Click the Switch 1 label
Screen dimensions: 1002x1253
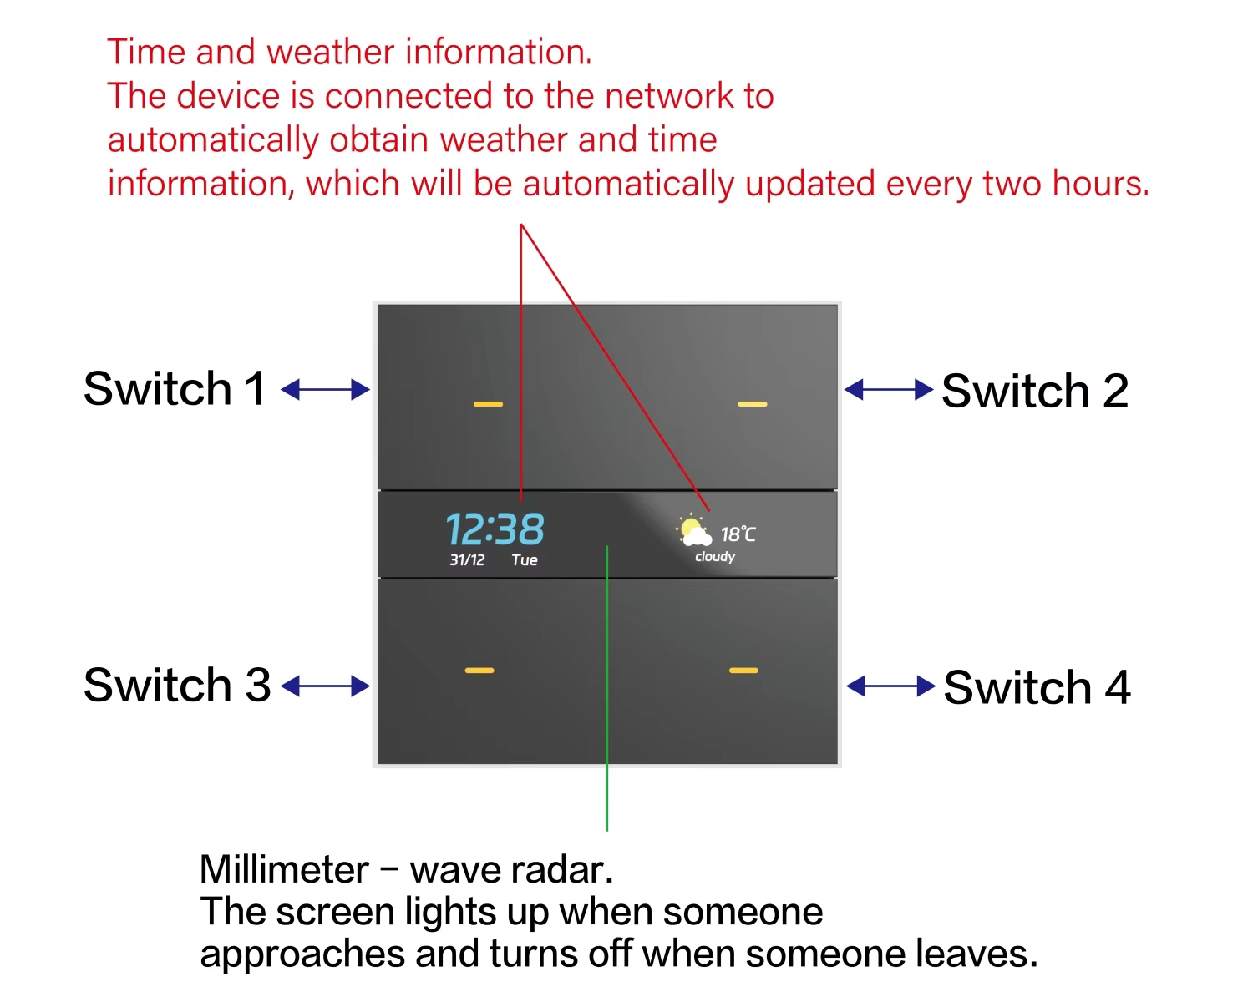pyautogui.click(x=174, y=389)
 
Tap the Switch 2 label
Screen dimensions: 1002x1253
pyautogui.click(x=1035, y=391)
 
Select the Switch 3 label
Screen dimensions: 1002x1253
pyautogui.click(x=177, y=685)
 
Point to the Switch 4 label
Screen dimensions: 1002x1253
pyautogui.click(x=1037, y=687)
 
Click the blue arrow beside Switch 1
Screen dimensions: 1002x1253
pyautogui.click(x=325, y=389)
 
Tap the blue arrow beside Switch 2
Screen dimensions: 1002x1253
pyautogui.click(x=888, y=389)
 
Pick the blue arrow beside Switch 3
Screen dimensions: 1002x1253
pyautogui.click(x=325, y=686)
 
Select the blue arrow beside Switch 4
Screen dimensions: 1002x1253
pyautogui.click(x=890, y=686)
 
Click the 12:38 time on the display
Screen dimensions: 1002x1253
pyautogui.click(x=495, y=529)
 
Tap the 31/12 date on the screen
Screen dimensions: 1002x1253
pyautogui.click(x=467, y=560)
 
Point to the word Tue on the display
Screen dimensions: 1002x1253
pyautogui.click(x=525, y=560)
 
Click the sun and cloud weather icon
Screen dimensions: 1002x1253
pyautogui.click(x=693, y=531)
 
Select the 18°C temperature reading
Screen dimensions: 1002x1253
pyautogui.click(x=738, y=534)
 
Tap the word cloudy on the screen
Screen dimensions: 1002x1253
pyautogui.click(x=715, y=557)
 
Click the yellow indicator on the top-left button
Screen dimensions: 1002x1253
pyautogui.click(x=489, y=405)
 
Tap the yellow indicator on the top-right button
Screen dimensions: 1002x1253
pyautogui.click(x=753, y=405)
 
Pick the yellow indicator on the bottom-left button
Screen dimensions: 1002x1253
pyautogui.click(x=479, y=670)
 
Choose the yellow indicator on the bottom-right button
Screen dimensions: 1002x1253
pyautogui.click(x=743, y=670)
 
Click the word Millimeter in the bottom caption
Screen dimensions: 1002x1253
pyautogui.click(x=284, y=870)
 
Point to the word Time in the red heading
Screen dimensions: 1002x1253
pyautogui.click(x=146, y=52)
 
